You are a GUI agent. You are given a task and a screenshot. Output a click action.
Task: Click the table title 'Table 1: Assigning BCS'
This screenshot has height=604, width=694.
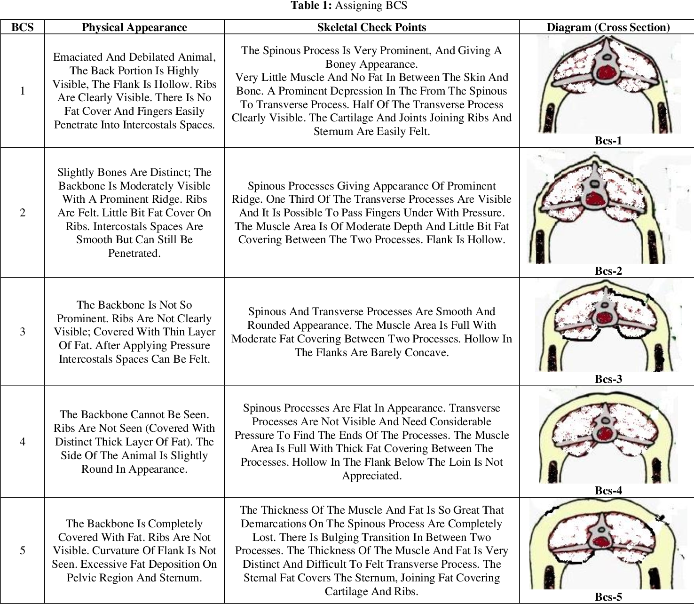pyautogui.click(x=348, y=6)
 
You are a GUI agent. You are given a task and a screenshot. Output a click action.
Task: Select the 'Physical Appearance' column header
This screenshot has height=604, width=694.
pyautogui.click(x=134, y=27)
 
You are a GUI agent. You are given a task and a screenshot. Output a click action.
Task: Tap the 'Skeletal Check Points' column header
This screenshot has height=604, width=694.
pyautogui.click(x=371, y=27)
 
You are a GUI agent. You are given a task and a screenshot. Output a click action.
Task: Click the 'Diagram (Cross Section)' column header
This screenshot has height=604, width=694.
pyautogui.click(x=608, y=27)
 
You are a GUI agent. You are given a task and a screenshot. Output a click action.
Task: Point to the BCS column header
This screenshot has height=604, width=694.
pyautogui.click(x=22, y=27)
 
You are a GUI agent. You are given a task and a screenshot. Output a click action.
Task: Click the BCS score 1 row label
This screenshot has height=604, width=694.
pyautogui.click(x=22, y=91)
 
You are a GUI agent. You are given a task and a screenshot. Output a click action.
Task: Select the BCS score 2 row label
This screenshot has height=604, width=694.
pyautogui.click(x=22, y=213)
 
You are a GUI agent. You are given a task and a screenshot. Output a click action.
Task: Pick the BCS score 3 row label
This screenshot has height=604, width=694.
pyautogui.click(x=22, y=332)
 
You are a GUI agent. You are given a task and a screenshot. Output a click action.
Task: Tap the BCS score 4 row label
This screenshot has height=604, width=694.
pyautogui.click(x=22, y=442)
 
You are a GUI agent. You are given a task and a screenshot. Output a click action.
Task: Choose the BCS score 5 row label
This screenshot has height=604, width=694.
pyautogui.click(x=22, y=550)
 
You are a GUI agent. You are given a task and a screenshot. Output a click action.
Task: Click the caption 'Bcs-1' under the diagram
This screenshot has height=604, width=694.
pyautogui.click(x=608, y=140)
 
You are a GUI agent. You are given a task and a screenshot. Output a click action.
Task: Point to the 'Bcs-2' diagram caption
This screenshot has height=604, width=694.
pyautogui.click(x=608, y=271)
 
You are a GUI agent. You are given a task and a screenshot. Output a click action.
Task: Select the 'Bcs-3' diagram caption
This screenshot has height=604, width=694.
pyautogui.click(x=608, y=379)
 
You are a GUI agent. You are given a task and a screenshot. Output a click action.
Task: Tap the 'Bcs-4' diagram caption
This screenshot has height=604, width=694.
pyautogui.click(x=608, y=491)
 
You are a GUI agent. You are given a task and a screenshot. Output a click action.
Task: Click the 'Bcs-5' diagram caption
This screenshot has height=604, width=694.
pyautogui.click(x=608, y=597)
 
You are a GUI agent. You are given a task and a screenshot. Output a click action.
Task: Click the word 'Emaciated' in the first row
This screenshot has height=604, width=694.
pyautogui.click(x=76, y=57)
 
